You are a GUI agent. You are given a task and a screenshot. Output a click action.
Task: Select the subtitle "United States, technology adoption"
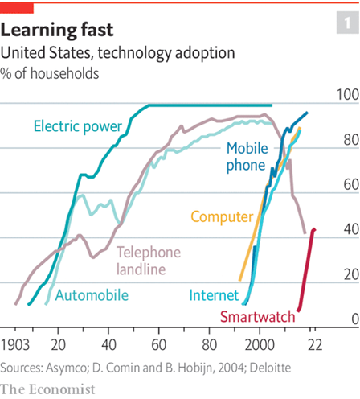click(118, 53)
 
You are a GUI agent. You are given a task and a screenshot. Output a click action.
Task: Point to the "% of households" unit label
click(50, 73)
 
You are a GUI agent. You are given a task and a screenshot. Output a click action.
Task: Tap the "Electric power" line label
click(77, 126)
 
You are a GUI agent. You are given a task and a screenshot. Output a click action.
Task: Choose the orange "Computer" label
click(222, 216)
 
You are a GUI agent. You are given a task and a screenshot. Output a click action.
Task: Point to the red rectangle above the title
click(17, 7)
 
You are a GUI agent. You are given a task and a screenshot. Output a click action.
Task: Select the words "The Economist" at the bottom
click(47, 389)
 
